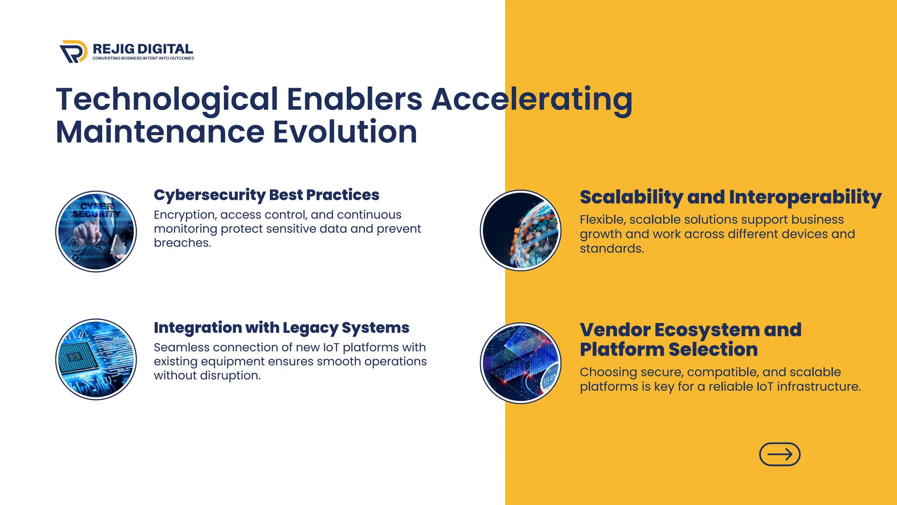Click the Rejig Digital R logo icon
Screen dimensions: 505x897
coord(73,52)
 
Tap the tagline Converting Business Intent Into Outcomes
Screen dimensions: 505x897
coord(143,58)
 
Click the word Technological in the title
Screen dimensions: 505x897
coord(166,99)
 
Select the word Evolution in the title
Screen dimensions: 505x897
coord(345,132)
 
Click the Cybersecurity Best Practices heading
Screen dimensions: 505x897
coord(266,195)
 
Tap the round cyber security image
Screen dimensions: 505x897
coord(96,231)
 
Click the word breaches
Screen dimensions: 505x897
coord(182,243)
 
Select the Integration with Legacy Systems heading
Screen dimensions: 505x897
coord(281,327)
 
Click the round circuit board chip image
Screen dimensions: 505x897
coord(96,359)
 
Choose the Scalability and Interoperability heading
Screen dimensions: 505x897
coord(731,197)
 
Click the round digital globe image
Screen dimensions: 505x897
coord(520,231)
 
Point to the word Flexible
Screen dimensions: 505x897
coord(602,220)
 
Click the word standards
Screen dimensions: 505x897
coord(611,249)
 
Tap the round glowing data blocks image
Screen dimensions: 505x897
coord(520,363)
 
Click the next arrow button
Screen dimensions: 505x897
coord(780,454)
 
